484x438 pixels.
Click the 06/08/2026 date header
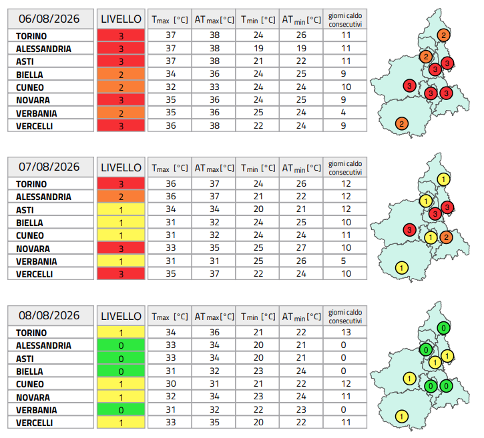coord(49,19)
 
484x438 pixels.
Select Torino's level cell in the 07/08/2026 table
coord(121,184)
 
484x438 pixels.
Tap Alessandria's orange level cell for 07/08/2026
coord(121,197)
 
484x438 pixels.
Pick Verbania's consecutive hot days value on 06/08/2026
coord(343,113)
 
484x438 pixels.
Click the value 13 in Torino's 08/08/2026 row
coord(346,332)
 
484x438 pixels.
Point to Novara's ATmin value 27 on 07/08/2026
coord(301,248)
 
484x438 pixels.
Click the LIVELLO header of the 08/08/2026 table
coord(121,316)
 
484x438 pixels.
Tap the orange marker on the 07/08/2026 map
coord(446,237)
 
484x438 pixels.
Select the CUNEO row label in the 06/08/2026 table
coord(30,87)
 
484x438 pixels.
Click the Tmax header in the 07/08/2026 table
coord(170,168)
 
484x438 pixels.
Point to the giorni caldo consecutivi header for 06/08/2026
coord(345,20)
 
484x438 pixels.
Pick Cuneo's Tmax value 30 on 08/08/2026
coord(171,384)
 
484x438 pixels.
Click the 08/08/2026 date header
coord(49,315)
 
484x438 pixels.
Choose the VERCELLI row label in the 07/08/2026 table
coord(34,274)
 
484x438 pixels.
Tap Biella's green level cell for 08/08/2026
coord(121,371)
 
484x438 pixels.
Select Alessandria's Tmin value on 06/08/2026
coord(258,49)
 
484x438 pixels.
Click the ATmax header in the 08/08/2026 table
coord(214,317)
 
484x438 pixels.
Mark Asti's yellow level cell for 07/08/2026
coord(121,209)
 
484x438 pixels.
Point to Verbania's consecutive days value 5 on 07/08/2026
coord(343,261)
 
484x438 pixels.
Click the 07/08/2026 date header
coord(49,167)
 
